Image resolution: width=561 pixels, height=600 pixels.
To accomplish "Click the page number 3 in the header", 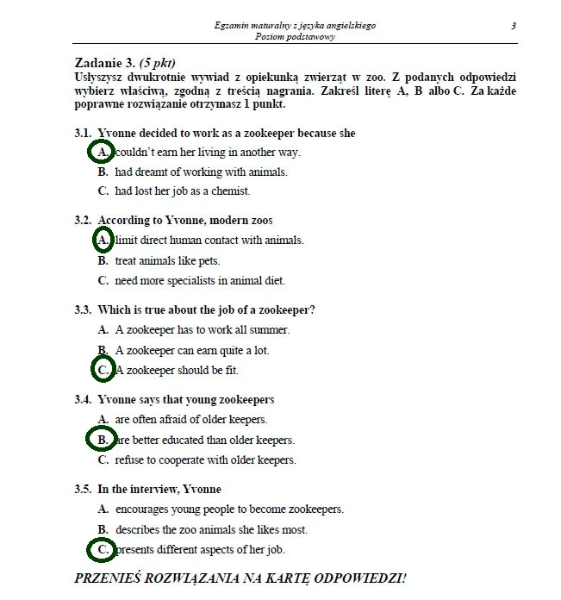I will click(514, 26).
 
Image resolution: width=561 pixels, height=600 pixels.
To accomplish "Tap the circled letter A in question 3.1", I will click(102, 153).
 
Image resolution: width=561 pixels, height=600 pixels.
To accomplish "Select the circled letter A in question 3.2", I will click(102, 241).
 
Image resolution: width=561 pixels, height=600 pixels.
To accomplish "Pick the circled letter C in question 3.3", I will click(103, 370).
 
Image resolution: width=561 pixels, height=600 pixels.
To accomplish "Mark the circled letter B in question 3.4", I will click(102, 440).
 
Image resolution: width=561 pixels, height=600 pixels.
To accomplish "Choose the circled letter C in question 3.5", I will click(103, 549).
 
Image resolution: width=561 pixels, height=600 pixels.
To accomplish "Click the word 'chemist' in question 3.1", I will click(233, 191).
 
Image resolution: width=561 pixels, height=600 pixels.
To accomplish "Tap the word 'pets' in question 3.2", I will click(209, 260).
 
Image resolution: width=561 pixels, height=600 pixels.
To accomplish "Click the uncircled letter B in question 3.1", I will click(103, 172).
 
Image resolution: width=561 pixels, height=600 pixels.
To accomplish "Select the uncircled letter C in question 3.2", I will click(103, 280).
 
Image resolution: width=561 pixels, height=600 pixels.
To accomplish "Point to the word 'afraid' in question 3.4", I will click(176, 420).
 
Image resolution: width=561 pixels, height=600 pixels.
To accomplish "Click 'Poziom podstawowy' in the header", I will click(295, 37).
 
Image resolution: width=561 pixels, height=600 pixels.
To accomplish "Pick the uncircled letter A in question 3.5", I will click(103, 509).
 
